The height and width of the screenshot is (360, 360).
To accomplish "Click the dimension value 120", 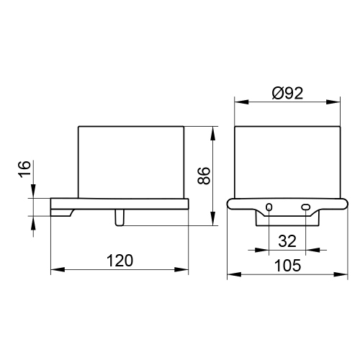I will coord(120,260).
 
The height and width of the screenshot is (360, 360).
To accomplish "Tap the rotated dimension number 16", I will coord(24,169).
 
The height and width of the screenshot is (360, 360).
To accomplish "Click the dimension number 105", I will coord(287,264).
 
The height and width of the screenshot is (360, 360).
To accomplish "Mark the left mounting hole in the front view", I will coord(269,207).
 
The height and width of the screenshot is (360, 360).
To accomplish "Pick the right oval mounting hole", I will coord(306,207).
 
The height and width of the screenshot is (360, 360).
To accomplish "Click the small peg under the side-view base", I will coord(120,217).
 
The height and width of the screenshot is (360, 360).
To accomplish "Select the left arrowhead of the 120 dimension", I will coord(54,270).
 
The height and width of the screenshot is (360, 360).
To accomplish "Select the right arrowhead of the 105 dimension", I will coord(343,274).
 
